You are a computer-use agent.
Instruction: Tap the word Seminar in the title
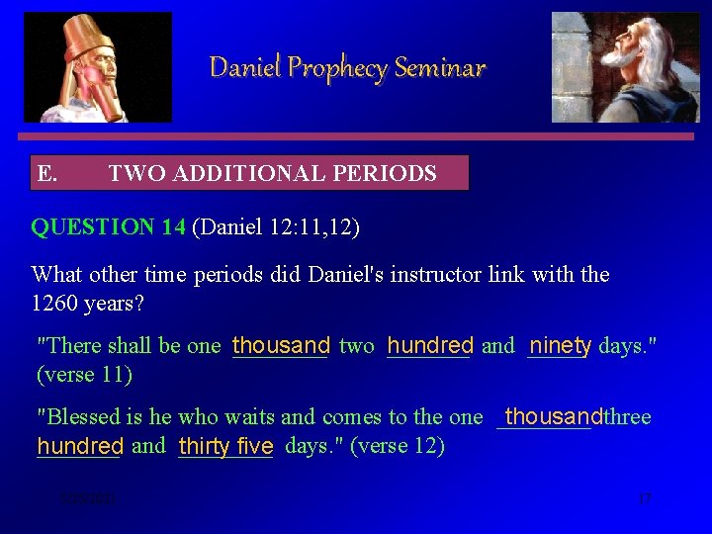(x=440, y=68)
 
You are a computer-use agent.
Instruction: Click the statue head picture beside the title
(x=98, y=67)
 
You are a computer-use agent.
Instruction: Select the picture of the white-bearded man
(x=625, y=67)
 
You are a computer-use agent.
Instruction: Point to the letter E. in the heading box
(x=46, y=174)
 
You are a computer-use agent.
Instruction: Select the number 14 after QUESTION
(x=174, y=227)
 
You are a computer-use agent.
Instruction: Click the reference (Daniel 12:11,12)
(x=276, y=227)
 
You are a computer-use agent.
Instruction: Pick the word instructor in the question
(x=435, y=274)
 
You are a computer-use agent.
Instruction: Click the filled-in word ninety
(x=560, y=345)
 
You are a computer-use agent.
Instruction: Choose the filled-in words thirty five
(x=225, y=446)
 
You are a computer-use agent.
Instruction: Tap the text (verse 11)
(x=84, y=374)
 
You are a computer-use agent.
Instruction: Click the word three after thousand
(x=627, y=416)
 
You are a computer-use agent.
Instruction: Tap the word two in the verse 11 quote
(x=356, y=345)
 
